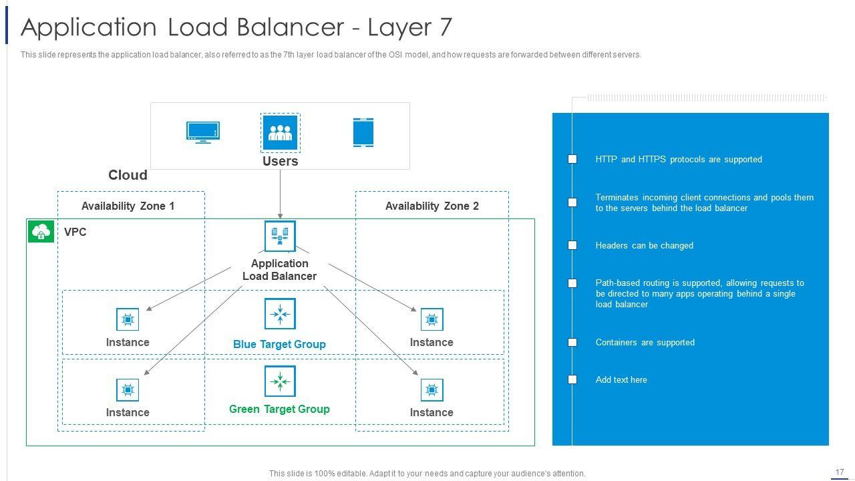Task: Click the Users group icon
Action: pyautogui.click(x=280, y=132)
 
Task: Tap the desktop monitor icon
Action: pyautogui.click(x=203, y=132)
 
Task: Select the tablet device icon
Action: pyautogui.click(x=363, y=132)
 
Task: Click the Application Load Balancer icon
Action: pyautogui.click(x=280, y=236)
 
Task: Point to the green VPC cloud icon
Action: pyautogui.click(x=41, y=232)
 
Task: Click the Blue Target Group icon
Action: pyautogui.click(x=280, y=314)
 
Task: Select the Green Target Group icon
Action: pyautogui.click(x=280, y=381)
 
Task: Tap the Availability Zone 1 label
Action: pyautogui.click(x=128, y=206)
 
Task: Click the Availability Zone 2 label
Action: pyautogui.click(x=432, y=206)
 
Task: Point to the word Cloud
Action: pyautogui.click(x=128, y=175)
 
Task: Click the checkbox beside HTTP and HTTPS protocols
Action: pyautogui.click(x=572, y=159)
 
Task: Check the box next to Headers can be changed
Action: pyautogui.click(x=572, y=245)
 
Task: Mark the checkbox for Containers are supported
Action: pyautogui.click(x=572, y=342)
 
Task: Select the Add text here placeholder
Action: pyautogui.click(x=621, y=379)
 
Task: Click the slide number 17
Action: pyautogui.click(x=840, y=472)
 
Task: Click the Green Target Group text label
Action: pyautogui.click(x=279, y=409)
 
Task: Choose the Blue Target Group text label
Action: pyautogui.click(x=279, y=344)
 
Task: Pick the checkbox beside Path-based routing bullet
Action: pyautogui.click(x=572, y=283)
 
